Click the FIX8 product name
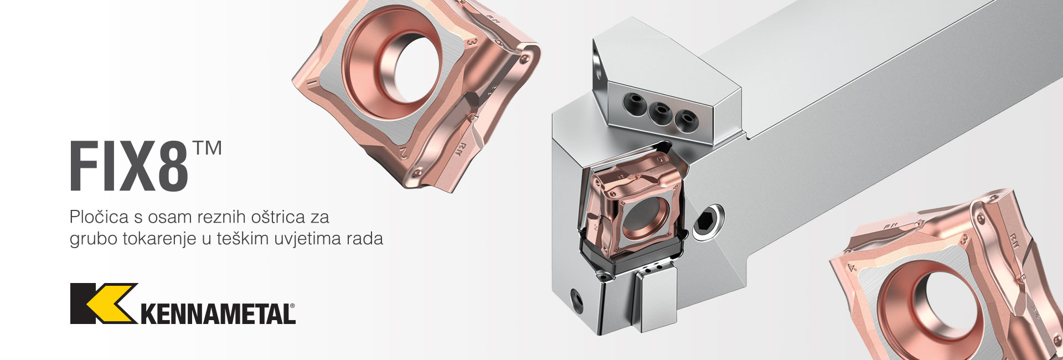point(129,167)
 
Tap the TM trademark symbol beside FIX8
point(208,148)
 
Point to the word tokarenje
point(158,239)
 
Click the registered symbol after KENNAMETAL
point(292,306)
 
